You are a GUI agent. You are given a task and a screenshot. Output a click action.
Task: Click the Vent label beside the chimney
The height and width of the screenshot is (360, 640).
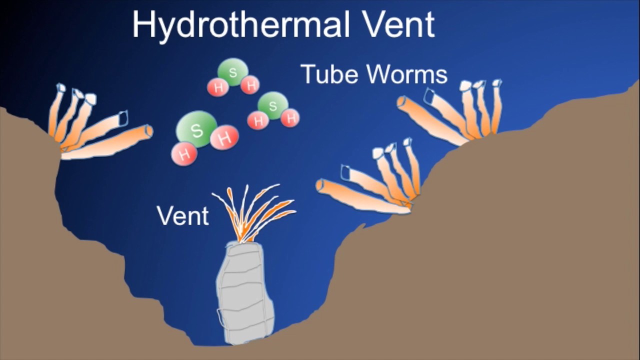(x=182, y=215)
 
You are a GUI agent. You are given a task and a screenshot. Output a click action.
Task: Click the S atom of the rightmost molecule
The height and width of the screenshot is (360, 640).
(x=273, y=105)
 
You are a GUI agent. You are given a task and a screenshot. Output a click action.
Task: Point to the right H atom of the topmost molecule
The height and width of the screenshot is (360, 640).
(x=250, y=85)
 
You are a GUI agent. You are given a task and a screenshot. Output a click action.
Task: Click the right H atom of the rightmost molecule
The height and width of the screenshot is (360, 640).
(x=289, y=118)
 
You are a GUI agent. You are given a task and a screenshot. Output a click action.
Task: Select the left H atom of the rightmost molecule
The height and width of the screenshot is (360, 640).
(x=258, y=120)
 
